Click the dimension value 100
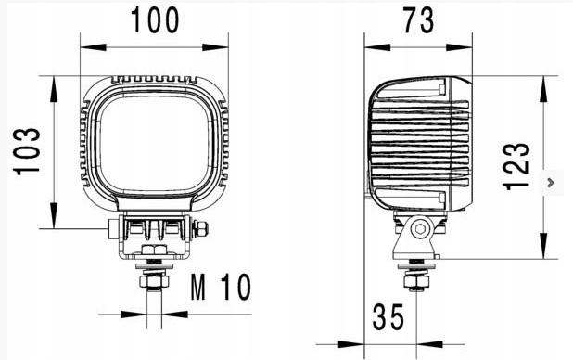tap(155, 20)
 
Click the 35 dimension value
tap(388, 318)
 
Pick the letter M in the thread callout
tap(198, 289)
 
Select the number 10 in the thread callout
tap(236, 289)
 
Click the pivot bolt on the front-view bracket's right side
tap(200, 228)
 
